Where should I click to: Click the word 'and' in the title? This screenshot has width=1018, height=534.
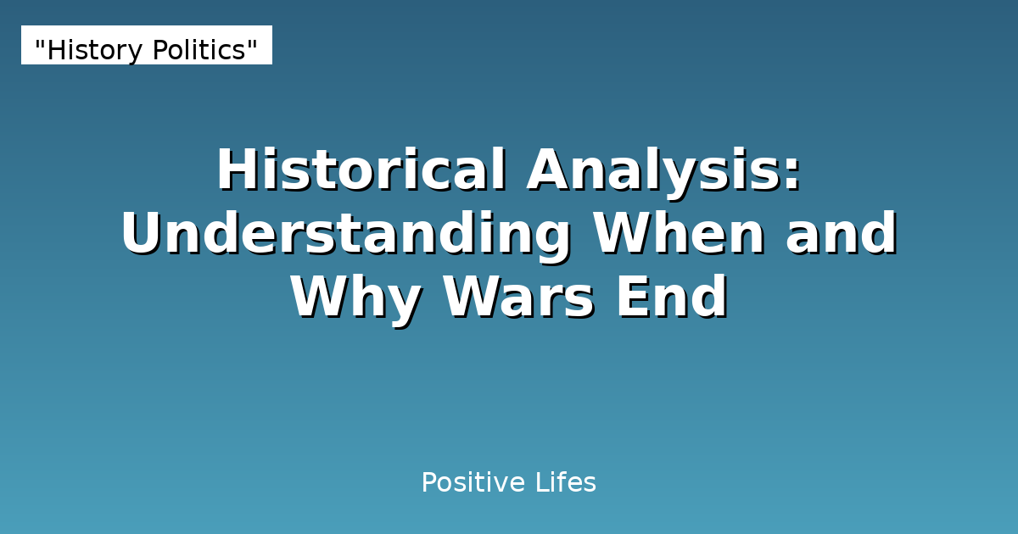click(x=841, y=235)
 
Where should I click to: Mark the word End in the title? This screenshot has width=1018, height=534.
click(x=671, y=298)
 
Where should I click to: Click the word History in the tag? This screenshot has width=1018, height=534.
click(x=94, y=51)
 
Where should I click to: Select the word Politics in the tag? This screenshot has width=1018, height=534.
click(x=199, y=51)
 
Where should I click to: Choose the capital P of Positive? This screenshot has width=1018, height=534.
click(x=428, y=483)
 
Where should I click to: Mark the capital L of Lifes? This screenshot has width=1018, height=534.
click(x=540, y=483)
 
